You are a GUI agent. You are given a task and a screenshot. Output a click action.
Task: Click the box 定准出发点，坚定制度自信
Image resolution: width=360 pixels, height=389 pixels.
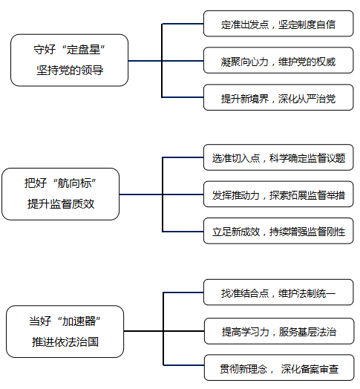pyautogui.click(x=278, y=24)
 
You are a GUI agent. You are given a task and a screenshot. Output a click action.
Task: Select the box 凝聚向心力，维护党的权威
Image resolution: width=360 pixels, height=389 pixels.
pyautogui.click(x=278, y=60)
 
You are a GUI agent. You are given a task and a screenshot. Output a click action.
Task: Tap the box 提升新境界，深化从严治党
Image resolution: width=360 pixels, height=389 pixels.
pyautogui.click(x=278, y=97)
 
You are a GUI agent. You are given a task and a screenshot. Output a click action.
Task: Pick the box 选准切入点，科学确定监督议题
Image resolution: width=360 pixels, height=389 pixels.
pyautogui.click(x=278, y=157)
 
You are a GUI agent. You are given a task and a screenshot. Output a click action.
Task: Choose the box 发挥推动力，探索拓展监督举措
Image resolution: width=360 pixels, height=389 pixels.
pyautogui.click(x=278, y=194)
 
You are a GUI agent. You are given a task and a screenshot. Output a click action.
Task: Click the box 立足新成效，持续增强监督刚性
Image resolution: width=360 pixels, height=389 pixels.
pyautogui.click(x=278, y=231)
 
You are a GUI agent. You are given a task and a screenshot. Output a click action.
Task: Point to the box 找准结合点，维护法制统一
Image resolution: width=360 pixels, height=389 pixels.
pyautogui.click(x=278, y=292)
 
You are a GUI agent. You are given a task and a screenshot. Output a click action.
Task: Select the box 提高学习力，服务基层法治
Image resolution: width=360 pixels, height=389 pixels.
pyautogui.click(x=279, y=331)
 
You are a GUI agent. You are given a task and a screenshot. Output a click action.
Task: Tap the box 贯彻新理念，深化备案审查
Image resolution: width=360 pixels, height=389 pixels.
pyautogui.click(x=279, y=367)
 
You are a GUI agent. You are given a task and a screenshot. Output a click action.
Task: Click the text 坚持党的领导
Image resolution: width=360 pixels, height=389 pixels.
pyautogui.click(x=70, y=71)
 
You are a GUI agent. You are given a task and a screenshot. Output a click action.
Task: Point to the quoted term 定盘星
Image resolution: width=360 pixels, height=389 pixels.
pyautogui.click(x=83, y=50)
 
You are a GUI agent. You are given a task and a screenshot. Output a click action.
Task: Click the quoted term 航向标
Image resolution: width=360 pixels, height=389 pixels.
pyautogui.click(x=74, y=183)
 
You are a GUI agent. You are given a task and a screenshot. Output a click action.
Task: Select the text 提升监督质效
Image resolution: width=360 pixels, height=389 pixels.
pyautogui.click(x=61, y=204)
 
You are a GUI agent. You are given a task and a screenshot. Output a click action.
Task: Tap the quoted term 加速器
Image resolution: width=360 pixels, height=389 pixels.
pyautogui.click(x=79, y=321)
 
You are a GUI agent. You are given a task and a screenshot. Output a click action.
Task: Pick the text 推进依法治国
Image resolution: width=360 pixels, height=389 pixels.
pyautogui.click(x=65, y=342)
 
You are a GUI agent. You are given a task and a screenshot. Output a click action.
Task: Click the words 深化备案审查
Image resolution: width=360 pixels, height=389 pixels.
pyautogui.click(x=310, y=369)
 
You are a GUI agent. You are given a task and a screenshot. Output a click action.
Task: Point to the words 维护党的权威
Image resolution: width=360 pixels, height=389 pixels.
pyautogui.click(x=307, y=62)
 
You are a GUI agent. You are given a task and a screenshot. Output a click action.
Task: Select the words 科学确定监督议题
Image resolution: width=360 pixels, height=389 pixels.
pyautogui.click(x=307, y=158)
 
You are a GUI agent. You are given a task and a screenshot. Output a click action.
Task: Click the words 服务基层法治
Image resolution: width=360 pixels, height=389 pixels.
pyautogui.click(x=307, y=332)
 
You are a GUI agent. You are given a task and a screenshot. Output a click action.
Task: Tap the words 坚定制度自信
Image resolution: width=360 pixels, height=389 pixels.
pyautogui.click(x=307, y=24)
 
